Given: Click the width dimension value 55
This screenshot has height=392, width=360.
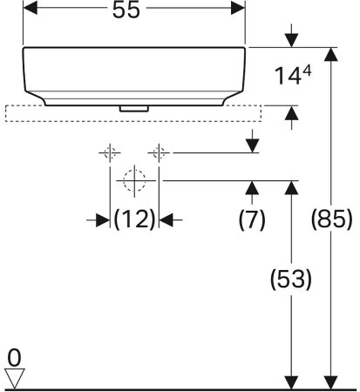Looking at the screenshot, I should pyautogui.click(x=133, y=10).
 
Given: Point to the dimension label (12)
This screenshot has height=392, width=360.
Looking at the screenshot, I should pyautogui.click(x=134, y=220).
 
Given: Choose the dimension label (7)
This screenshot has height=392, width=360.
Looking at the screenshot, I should pyautogui.click(x=252, y=220).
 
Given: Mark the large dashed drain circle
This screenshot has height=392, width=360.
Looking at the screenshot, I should pyautogui.click(x=133, y=181).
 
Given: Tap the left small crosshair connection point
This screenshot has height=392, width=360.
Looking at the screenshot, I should pyautogui.click(x=110, y=153).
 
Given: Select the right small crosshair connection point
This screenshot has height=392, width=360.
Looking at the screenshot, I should pyautogui.click(x=158, y=153).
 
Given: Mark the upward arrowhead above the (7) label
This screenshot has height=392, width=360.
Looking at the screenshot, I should pyautogui.click(x=252, y=187).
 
